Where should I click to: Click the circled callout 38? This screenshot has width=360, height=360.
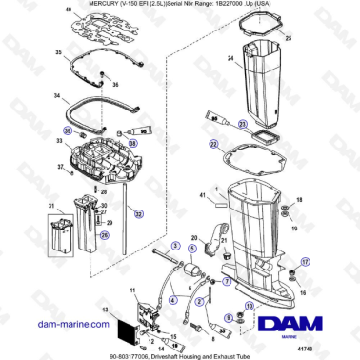(132, 143)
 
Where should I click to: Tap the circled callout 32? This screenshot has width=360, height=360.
(141, 215)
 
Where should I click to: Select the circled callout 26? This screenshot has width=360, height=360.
(106, 233)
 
